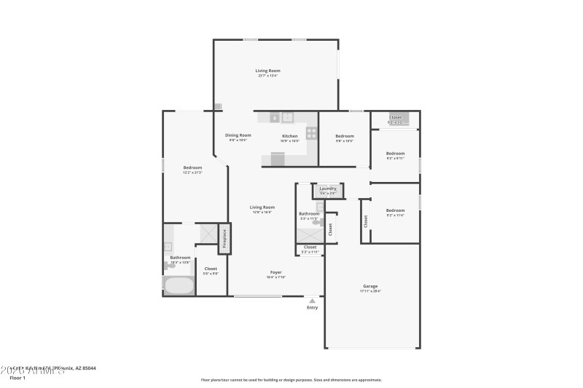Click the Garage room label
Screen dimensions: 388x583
pos(370,286)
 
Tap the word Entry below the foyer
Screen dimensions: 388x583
pos(313,308)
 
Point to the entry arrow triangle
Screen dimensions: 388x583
pos(313,299)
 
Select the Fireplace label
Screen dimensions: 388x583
pos(224,239)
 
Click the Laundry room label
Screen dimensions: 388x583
pos(328,189)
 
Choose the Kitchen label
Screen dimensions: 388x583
pos(290,136)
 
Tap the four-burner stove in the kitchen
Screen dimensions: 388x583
pos(311,133)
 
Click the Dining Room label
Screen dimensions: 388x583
pos(238,135)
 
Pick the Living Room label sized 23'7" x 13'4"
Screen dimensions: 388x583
pos(267,71)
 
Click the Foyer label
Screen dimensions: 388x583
pos(275,272)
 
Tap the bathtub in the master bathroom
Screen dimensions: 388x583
pos(179,285)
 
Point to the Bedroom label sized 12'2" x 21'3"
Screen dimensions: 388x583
pos(192,167)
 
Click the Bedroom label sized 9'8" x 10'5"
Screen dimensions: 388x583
pos(345,136)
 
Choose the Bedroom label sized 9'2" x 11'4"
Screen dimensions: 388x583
pos(395,210)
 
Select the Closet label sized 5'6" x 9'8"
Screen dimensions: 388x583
pos(211,269)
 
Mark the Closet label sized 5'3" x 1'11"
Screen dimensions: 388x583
pos(310,248)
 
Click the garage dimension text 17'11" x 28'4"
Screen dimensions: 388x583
pos(370,291)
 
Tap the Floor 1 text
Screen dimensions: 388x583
pos(17,379)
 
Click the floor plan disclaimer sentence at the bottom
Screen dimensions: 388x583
pos(291,379)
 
